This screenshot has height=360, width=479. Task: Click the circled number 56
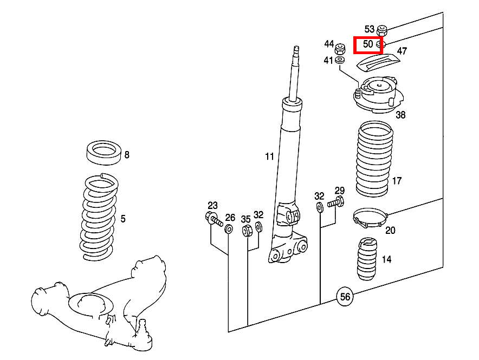345,296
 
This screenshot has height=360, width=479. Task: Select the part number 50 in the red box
368,44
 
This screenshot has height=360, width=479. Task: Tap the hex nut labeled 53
381,30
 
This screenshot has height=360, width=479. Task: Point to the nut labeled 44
340,49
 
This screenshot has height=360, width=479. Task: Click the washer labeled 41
340,60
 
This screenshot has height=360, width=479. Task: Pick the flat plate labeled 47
378,62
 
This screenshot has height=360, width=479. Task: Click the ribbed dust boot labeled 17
374,159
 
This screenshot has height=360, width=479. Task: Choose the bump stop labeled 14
367,259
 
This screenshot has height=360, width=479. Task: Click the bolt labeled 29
336,202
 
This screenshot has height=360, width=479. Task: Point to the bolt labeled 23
214,219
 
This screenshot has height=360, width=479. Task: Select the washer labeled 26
229,228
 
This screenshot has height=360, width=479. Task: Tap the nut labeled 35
247,230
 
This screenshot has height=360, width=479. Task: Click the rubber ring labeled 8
104,153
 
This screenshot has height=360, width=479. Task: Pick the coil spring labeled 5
99,217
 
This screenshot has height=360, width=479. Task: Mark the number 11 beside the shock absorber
269,156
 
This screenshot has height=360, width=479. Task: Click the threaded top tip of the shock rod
296,49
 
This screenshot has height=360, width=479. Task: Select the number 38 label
400,115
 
